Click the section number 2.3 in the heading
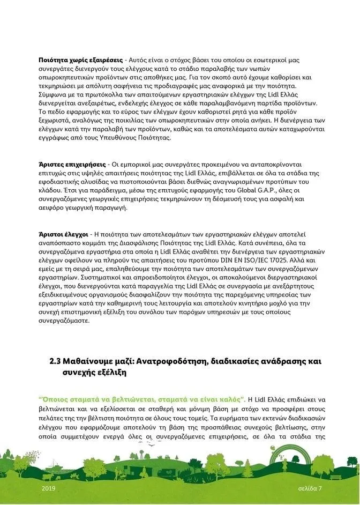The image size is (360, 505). [56, 362]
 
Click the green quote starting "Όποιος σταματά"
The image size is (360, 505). [142, 399]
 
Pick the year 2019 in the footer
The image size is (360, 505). [48, 489]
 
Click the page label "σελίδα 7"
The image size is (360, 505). [310, 489]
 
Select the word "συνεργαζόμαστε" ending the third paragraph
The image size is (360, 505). [64, 321]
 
